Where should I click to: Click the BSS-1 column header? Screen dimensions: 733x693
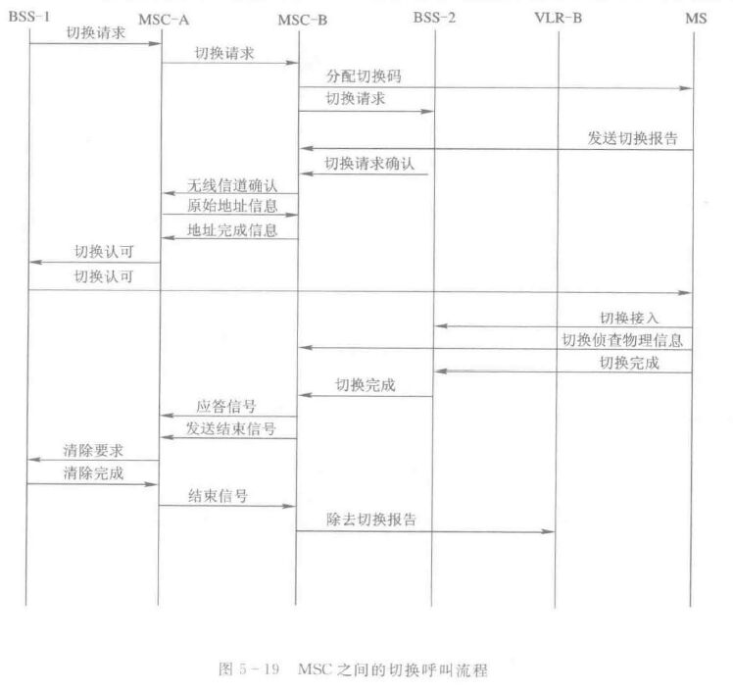pos(29,17)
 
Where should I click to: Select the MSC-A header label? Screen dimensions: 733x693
pos(164,21)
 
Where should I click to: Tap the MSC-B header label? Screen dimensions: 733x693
pos(303,21)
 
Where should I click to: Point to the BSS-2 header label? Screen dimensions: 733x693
pos(434,18)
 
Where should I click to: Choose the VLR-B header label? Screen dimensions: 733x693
pos(559,18)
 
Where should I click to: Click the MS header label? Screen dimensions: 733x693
pos(696,19)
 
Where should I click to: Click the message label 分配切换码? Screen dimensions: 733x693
pos(364,75)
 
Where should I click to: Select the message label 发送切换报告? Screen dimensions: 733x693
pos(632,138)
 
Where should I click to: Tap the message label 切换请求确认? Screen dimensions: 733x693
pos(369,163)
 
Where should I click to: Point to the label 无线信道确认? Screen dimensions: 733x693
pos(232,185)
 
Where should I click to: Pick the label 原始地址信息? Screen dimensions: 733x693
pos(232,206)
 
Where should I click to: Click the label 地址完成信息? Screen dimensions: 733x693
pos(232,230)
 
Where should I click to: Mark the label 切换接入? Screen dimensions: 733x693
pos(629,318)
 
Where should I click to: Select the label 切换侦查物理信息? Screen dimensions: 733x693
pos(622,340)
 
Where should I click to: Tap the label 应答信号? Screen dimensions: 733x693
pos(225,406)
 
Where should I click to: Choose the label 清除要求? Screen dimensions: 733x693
pos(93,450)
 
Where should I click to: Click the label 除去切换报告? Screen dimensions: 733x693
pos(371,520)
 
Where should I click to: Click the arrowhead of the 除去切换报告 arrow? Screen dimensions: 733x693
pos(549,531)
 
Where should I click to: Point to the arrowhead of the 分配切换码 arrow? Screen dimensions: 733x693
pos(686,88)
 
